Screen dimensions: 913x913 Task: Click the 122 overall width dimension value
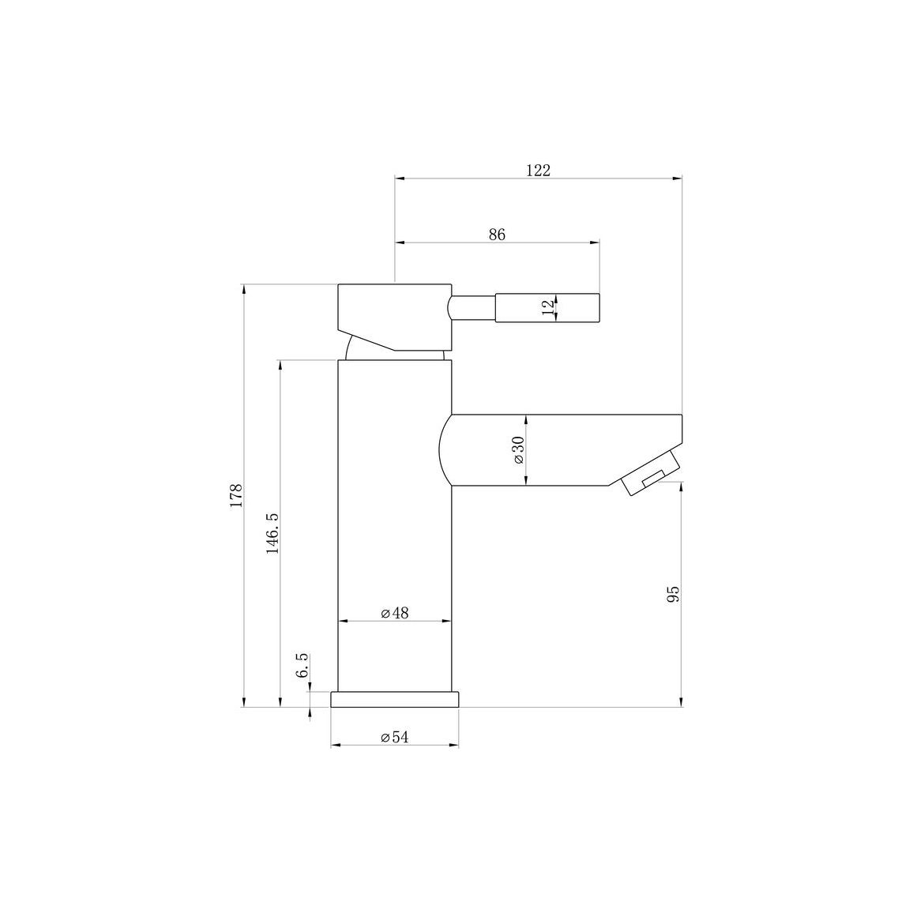538,171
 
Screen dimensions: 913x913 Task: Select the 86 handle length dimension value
497,235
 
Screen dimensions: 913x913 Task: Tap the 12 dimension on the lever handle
548,307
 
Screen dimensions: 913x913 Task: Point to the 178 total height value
236,495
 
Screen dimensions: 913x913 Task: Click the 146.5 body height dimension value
272,533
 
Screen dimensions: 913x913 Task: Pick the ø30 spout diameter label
518,450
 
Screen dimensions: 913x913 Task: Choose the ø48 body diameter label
395,613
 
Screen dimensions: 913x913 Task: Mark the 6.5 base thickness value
302,665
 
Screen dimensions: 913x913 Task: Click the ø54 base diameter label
395,738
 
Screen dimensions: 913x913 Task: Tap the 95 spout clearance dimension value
673,595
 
